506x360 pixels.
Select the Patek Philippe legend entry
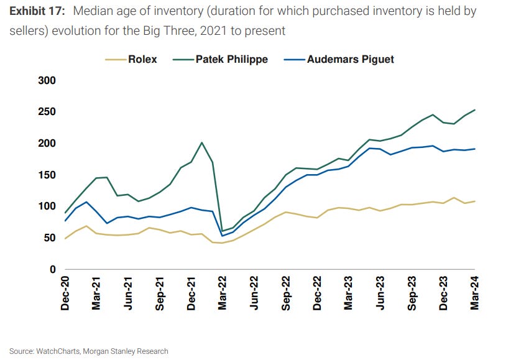tap(231, 60)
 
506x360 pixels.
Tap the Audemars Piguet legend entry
tap(350, 60)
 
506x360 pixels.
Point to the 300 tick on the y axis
tap(47, 81)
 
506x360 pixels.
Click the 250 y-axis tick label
tap(47, 112)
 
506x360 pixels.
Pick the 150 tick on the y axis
tap(47, 175)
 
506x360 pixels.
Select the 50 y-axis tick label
tap(50, 238)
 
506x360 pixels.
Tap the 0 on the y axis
tap(53, 270)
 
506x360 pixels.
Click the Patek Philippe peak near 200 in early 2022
tap(201, 142)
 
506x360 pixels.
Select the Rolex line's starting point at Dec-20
tap(65, 239)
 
